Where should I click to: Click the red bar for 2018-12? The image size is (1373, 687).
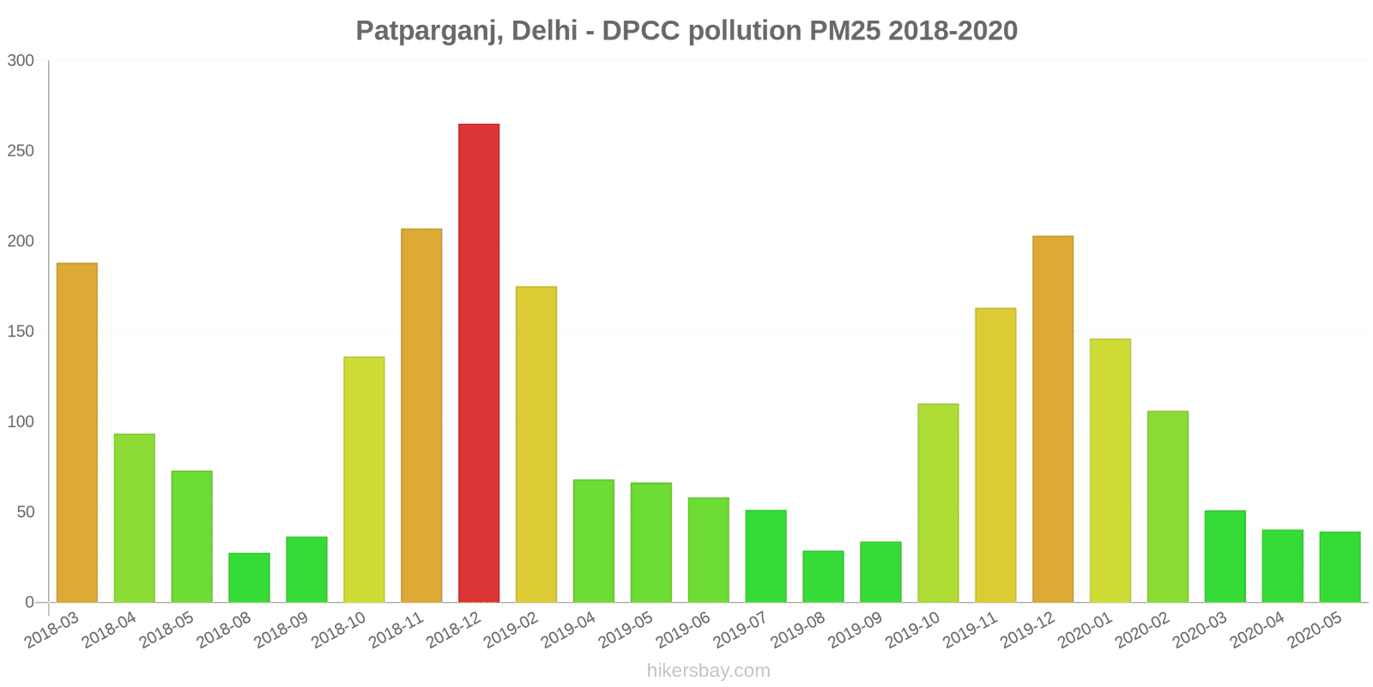coord(479,362)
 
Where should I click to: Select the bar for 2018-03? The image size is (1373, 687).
coord(77,432)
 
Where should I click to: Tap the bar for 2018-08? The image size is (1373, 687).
coord(249,577)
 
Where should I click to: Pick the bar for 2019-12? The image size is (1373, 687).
coord(1053,419)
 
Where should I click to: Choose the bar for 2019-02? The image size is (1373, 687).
coord(536,444)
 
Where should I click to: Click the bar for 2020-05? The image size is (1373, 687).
coord(1340,567)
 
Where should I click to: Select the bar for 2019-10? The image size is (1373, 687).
coord(938,502)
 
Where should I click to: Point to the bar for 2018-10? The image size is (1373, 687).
coord(364,479)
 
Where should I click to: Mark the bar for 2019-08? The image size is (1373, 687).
coord(823,576)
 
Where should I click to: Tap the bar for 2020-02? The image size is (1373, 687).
coord(1168,507)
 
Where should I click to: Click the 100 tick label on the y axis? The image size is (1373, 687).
coord(21,422)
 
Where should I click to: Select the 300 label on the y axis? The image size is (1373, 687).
coord(21,60)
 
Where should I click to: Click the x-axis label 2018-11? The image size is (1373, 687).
coord(396,629)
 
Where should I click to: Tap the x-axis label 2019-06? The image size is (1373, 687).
coord(683,629)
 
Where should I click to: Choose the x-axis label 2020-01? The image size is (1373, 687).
coord(1085,629)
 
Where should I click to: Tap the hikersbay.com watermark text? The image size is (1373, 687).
coord(709,671)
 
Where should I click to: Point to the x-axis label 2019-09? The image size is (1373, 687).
coord(856,629)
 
